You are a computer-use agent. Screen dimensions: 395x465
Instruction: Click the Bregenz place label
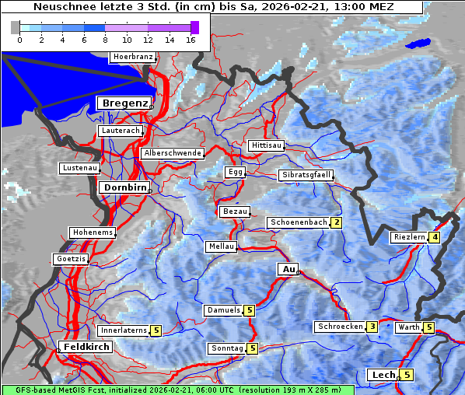pos(123,103)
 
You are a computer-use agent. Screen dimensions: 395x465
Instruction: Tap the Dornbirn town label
pos(123,187)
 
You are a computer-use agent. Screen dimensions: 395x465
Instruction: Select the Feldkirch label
pos(86,347)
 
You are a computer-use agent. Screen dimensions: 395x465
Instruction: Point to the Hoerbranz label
pos(132,58)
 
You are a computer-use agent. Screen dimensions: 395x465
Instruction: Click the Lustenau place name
pos(79,168)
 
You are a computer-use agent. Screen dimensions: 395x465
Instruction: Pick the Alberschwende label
pos(173,153)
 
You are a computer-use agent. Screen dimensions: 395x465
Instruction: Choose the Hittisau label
pos(267,145)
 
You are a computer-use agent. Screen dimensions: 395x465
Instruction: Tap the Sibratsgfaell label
pos(306,175)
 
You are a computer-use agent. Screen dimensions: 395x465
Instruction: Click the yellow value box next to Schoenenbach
pos(337,222)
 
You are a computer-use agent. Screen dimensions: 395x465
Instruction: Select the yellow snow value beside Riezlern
pos(435,237)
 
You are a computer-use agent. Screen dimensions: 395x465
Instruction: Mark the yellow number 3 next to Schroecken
pos(372,327)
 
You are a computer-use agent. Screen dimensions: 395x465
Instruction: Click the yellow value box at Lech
pos(407,375)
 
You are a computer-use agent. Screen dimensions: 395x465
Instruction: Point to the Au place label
pos(288,269)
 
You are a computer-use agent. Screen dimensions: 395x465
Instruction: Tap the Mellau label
pos(220,246)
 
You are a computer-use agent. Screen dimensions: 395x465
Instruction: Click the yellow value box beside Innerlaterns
pos(156,330)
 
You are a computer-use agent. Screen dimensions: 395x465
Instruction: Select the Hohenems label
pos(92,232)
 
